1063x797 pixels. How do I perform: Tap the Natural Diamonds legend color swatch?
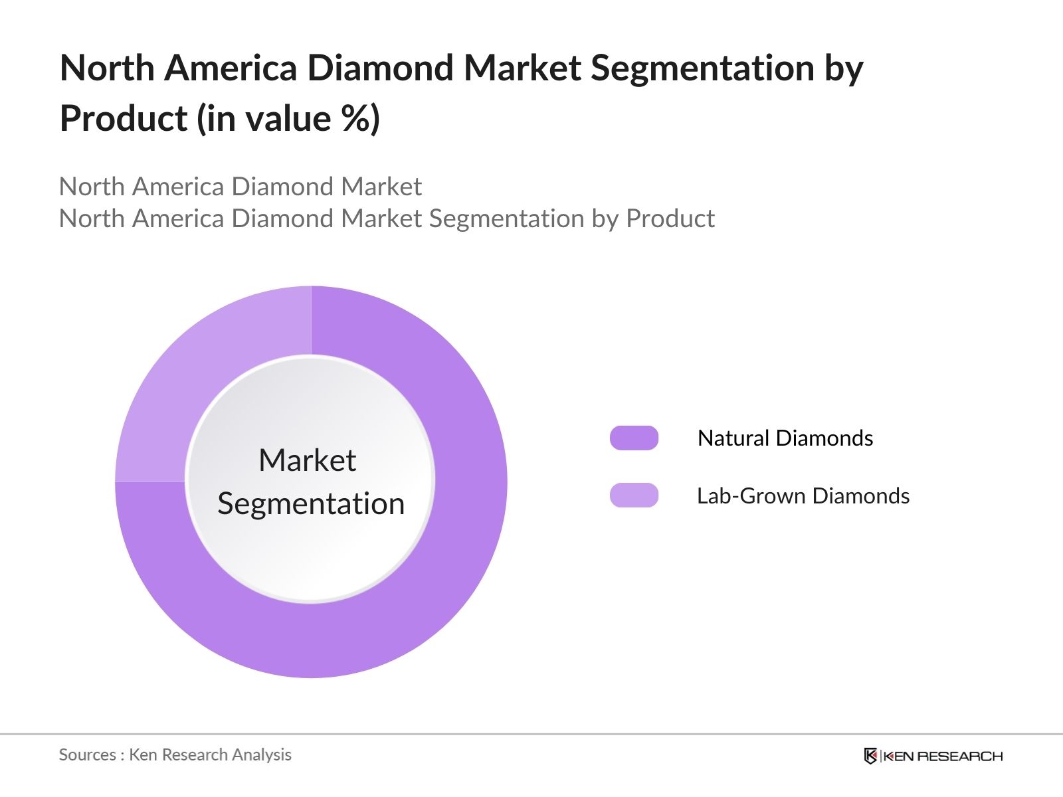click(x=634, y=438)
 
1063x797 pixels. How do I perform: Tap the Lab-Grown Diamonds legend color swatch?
click(x=634, y=495)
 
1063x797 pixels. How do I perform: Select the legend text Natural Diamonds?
click(x=785, y=438)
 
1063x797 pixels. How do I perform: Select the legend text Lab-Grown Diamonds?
click(x=803, y=496)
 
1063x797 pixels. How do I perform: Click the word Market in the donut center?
click(x=307, y=460)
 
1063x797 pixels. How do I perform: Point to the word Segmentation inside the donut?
click(x=311, y=503)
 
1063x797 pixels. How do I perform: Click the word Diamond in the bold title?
click(x=381, y=68)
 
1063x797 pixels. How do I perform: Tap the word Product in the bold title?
click(x=124, y=120)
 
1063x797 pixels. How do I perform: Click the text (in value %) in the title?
click(x=288, y=120)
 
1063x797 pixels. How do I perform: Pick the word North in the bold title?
click(x=106, y=68)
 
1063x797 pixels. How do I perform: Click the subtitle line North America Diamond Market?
click(x=240, y=187)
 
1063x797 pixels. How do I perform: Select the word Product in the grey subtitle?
click(x=670, y=219)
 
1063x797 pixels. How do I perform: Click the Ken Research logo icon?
click(x=870, y=756)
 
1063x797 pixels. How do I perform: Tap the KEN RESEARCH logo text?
click(x=943, y=756)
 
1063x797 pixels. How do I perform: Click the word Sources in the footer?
click(x=87, y=755)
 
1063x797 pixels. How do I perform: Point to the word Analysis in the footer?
click(x=266, y=755)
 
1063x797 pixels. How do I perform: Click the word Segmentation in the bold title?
click(x=702, y=68)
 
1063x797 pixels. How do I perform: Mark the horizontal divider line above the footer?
click(x=531, y=735)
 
